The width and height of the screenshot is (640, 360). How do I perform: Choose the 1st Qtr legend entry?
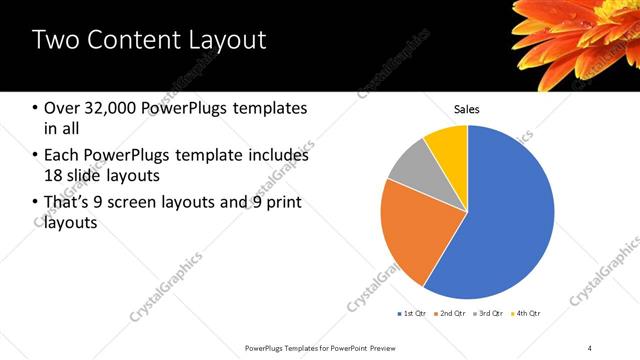pos(412,314)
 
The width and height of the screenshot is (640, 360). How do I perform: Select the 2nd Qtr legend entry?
pos(451,314)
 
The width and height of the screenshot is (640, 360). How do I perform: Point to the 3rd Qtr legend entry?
pos(489,314)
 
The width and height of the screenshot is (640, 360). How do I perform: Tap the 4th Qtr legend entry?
pos(527,314)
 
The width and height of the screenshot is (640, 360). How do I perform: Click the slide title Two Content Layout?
pos(149,41)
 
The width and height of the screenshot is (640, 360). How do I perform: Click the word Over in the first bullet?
pos(61,108)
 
